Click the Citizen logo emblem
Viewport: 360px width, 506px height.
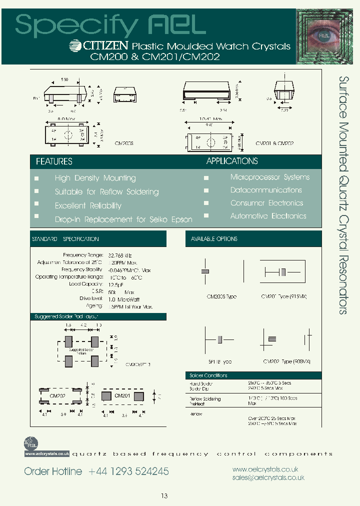pos(74,46)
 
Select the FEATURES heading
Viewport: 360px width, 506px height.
pos(54,161)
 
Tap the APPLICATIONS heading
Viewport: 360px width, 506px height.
pos(232,161)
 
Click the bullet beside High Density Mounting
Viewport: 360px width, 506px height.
pos(36,178)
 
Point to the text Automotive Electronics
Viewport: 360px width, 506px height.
pos(268,216)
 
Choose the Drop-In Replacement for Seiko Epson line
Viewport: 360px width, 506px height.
pos(123,219)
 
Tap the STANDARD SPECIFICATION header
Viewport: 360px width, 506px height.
pos(65,239)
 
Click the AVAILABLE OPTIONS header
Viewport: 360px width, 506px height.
pos(214,239)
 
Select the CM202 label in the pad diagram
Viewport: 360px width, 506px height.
pos(57,395)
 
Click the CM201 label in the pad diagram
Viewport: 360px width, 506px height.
pos(122,395)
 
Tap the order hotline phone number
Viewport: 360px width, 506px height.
pos(128,471)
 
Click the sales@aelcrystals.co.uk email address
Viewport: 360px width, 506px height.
pos(268,478)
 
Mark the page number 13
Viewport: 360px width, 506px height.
pos(164,496)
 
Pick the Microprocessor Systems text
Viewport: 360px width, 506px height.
pos(269,177)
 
